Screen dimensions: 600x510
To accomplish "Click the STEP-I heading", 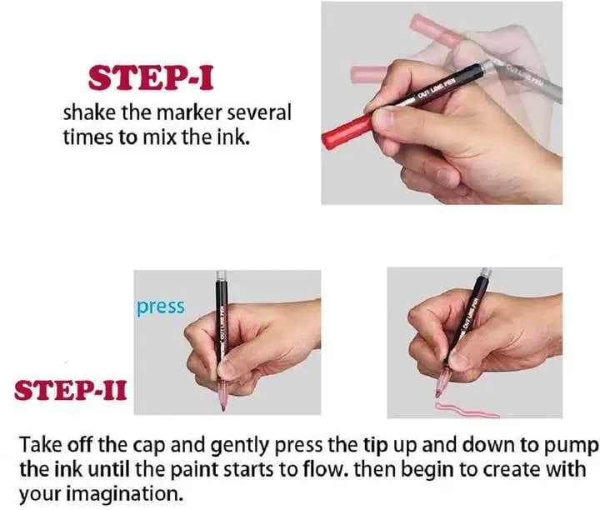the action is pos(151,78).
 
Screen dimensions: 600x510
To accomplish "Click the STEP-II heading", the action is pos(70,391).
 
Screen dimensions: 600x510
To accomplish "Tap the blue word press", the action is pos(161,307).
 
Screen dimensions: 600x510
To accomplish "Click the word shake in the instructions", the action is pos(89,112).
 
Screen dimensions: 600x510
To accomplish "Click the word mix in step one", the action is pos(159,137).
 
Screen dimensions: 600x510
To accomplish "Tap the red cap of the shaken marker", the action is pos(347,131).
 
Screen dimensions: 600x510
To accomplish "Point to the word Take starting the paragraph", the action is pos(41,444).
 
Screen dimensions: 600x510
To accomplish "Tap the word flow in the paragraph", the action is pos(322,469).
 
